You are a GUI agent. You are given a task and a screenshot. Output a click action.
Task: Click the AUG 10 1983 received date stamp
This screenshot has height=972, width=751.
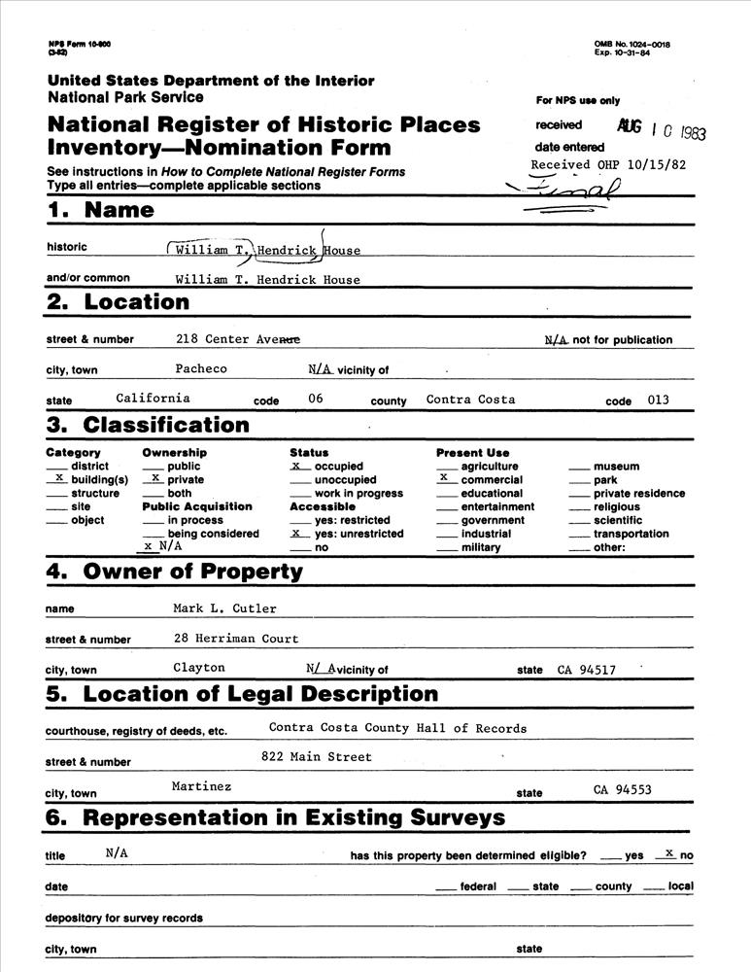click(661, 129)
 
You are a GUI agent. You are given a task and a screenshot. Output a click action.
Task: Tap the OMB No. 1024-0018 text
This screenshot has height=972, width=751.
click(632, 45)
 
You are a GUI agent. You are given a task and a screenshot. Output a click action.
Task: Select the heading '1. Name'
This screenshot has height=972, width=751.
click(100, 211)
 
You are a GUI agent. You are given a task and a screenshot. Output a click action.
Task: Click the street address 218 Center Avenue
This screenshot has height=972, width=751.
click(238, 339)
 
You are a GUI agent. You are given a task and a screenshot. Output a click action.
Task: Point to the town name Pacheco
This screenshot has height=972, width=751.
click(201, 368)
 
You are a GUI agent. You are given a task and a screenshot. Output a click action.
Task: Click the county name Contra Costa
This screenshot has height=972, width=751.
click(470, 399)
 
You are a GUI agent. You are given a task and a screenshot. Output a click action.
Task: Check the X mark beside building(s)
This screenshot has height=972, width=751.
click(59, 479)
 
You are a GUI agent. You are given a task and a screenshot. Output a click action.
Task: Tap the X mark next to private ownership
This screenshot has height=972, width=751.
click(155, 479)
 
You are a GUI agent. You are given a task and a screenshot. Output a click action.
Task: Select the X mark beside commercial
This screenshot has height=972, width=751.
click(444, 479)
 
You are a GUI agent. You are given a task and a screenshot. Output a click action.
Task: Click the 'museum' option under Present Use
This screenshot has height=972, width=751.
click(616, 467)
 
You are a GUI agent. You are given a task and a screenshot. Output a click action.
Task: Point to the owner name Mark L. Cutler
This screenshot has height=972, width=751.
click(224, 608)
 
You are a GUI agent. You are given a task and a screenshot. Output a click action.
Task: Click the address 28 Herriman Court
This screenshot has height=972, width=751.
click(236, 639)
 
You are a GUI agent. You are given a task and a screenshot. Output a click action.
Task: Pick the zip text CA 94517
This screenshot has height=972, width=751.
click(586, 670)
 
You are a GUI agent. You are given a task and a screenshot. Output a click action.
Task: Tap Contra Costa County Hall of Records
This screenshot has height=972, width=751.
click(397, 728)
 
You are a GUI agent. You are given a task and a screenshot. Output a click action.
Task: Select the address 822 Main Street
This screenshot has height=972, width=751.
click(317, 756)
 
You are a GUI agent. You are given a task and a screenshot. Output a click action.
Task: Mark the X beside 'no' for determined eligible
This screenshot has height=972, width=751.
click(669, 852)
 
